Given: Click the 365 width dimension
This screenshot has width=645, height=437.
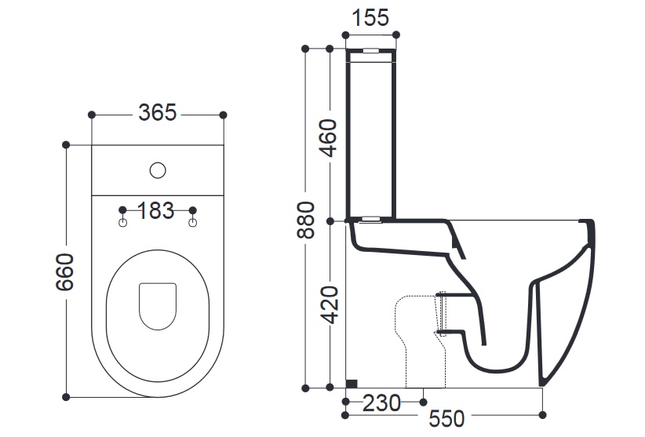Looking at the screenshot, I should click(158, 114).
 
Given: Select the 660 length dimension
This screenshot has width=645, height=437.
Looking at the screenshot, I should click(66, 271).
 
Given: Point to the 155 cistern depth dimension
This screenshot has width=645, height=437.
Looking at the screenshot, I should click(371, 18).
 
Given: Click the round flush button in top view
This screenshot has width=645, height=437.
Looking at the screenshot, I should click(158, 169).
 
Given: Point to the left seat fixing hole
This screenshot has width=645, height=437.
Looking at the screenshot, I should click(122, 225).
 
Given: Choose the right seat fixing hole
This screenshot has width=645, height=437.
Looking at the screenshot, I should click(193, 225).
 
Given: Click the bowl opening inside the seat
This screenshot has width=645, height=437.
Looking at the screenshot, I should click(157, 304).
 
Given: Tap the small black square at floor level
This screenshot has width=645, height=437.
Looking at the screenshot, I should click(352, 383).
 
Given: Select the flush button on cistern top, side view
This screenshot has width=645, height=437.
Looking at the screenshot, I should click(370, 53).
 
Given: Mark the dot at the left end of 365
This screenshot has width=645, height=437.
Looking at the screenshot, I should click(93, 115).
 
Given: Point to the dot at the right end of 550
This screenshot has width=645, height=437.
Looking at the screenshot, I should click(543, 413).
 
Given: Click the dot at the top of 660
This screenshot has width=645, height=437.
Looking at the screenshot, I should click(66, 144).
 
